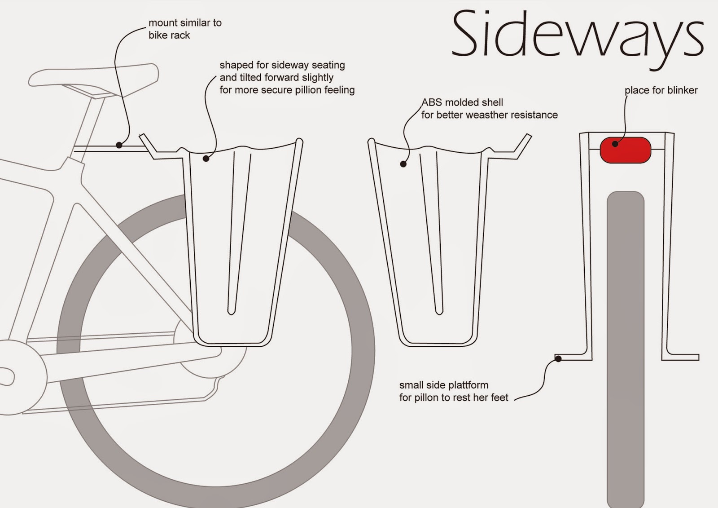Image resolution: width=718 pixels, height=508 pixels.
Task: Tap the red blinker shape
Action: pyautogui.click(x=626, y=150)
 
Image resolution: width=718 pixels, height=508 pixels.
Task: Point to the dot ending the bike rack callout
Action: pyautogui.click(x=119, y=145)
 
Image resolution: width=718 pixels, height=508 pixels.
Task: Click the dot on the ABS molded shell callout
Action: pyautogui.click(x=403, y=164)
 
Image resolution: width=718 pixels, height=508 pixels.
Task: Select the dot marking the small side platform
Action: pyautogui.click(x=558, y=358)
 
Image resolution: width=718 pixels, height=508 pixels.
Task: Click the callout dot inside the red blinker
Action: pyautogui.click(x=615, y=144)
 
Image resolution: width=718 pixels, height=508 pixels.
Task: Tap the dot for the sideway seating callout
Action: pyautogui.click(x=206, y=158)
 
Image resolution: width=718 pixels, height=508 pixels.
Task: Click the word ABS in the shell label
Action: pyautogui.click(x=432, y=102)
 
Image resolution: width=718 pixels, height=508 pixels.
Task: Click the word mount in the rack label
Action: pyautogui.click(x=162, y=23)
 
